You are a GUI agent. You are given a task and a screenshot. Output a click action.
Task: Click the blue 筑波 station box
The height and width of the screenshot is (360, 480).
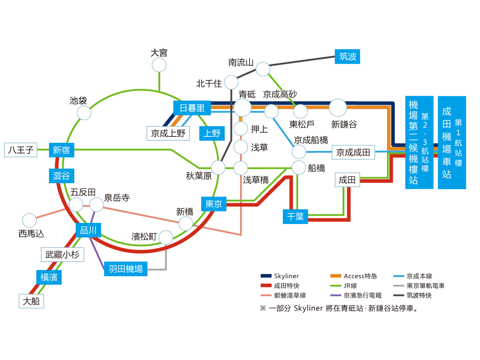point(347,56)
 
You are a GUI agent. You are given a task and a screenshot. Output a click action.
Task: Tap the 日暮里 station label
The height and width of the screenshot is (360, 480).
point(192,108)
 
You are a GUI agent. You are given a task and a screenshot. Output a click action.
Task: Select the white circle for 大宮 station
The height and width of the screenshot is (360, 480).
point(159,65)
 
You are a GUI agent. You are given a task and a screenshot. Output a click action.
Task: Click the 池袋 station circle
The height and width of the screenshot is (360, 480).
point(84,113)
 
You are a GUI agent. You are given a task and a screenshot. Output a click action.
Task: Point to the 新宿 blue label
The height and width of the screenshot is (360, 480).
point(61,150)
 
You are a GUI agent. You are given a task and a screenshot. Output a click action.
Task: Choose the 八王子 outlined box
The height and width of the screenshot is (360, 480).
point(20,150)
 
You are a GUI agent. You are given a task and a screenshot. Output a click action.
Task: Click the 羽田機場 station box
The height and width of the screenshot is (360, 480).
point(126,269)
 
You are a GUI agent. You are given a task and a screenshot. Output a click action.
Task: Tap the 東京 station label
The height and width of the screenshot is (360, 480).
point(214,204)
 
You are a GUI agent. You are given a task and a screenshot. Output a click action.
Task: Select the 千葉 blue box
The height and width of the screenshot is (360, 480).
point(295,217)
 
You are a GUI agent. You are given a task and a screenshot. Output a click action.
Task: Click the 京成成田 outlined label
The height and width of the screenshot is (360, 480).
point(353,152)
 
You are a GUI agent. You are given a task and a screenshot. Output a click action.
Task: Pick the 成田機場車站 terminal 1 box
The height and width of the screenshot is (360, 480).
point(452,142)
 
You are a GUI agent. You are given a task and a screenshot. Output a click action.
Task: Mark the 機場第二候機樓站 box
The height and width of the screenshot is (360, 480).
point(419,142)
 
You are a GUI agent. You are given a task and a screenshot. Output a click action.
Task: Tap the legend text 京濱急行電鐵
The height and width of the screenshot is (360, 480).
point(362,296)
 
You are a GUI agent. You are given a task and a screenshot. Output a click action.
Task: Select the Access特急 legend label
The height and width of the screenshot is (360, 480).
point(360,276)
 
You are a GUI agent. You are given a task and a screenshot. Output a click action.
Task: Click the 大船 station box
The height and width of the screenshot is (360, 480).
point(31,301)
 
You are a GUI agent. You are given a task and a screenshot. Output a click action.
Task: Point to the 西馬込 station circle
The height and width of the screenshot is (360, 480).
point(29,220)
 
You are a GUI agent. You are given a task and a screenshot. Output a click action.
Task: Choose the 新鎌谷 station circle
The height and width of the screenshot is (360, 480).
point(338,108)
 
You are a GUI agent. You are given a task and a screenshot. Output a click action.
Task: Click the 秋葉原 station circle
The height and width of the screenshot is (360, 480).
point(218,168)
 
